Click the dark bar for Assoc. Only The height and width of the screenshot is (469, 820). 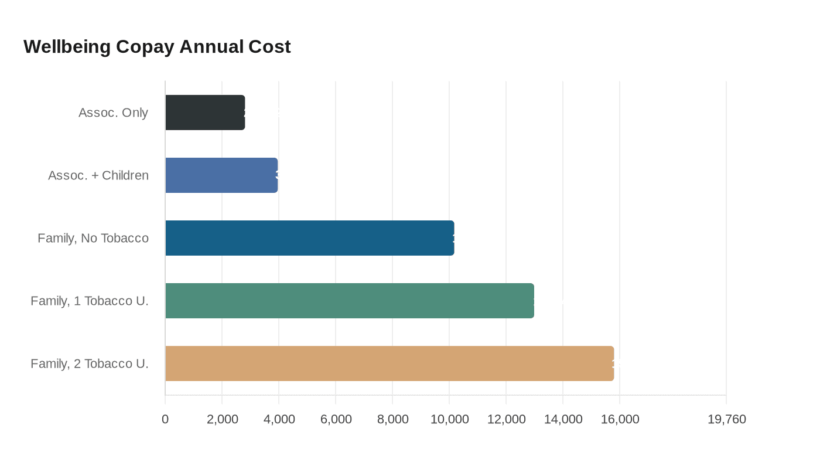coord(205,113)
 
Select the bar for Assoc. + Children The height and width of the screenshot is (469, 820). coord(221,175)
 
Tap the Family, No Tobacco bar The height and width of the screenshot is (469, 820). coord(310,238)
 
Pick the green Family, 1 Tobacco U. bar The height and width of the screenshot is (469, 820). coord(350,301)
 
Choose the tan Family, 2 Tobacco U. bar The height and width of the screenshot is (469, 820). coord(389,363)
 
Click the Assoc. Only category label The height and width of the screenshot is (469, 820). coord(113,113)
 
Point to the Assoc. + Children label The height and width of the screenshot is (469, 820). coord(98,175)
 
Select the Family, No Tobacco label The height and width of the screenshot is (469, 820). coord(93,238)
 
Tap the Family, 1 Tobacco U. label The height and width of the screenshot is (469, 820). coord(90,301)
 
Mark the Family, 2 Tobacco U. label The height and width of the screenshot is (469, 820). coord(90,363)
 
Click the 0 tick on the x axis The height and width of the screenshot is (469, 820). coord(165,419)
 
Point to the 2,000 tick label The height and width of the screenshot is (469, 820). coord(223,419)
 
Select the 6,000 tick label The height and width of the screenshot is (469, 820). coord(336,419)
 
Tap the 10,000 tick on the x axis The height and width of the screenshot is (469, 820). coord(450,419)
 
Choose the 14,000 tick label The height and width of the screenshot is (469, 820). coord(563,419)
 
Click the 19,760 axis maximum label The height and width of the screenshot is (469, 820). coord(726,419)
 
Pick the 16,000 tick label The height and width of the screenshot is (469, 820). coord(620,419)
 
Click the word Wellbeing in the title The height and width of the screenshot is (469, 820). coord(67,46)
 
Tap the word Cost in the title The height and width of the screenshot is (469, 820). coord(269,46)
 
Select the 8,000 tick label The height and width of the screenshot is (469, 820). coord(393,419)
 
